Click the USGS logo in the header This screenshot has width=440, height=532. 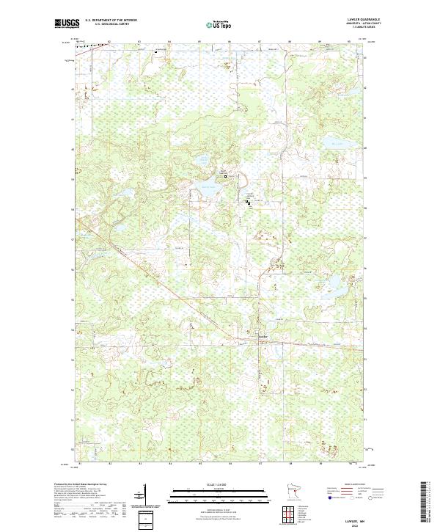(x=67, y=24)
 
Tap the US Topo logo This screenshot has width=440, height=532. (x=221, y=25)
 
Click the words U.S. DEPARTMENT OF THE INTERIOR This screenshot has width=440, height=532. (x=111, y=20)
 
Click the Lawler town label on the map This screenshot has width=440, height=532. (x=263, y=337)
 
